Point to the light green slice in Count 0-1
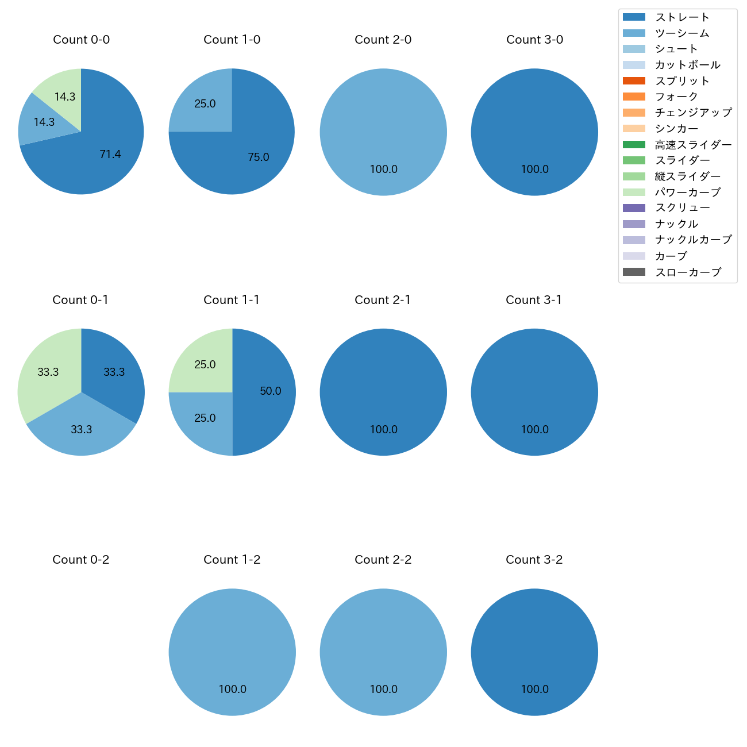46,373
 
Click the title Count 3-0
534,40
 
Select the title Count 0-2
80,560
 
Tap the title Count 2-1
383,300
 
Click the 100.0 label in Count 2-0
383,170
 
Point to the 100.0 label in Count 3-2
534,690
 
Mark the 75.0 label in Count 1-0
259,157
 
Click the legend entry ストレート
682,17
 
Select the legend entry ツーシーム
682,33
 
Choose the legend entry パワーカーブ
687,192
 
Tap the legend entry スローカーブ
688,272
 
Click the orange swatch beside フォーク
634,97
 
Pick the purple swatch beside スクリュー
634,208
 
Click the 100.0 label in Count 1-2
232,690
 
